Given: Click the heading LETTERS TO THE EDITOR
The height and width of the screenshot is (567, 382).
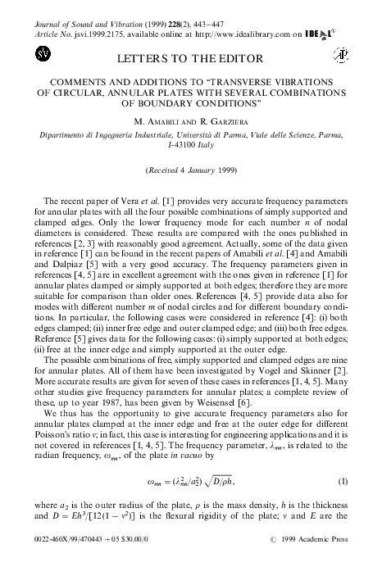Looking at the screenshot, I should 190,59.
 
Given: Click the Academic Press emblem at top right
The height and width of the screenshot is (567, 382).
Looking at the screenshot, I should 340,56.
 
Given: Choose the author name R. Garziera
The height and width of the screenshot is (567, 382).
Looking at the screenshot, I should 216,120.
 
